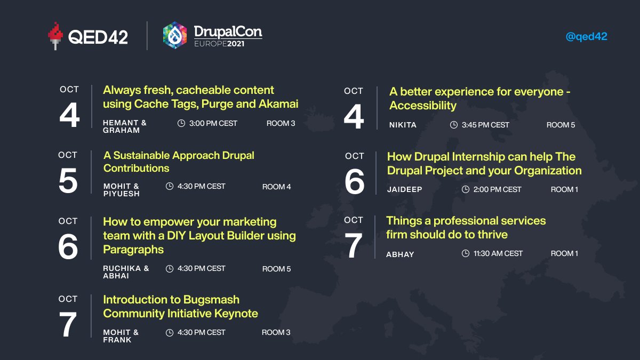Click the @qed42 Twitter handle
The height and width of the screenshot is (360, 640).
tap(586, 37)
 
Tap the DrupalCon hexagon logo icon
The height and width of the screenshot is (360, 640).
tap(175, 35)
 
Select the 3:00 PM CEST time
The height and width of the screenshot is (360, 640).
tap(213, 123)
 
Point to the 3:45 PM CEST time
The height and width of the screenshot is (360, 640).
tap(485, 125)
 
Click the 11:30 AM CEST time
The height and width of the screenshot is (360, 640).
tap(499, 253)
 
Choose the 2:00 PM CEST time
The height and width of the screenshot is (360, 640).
tap(497, 189)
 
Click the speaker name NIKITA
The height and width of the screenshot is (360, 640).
tap(403, 125)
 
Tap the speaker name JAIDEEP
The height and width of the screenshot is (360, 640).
tap(405, 189)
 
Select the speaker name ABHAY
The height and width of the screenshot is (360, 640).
tap(400, 254)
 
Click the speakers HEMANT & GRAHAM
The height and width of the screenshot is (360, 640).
tap(124, 126)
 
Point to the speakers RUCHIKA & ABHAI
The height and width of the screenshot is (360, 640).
tap(126, 272)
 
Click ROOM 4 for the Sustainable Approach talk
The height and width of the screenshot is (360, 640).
tap(276, 187)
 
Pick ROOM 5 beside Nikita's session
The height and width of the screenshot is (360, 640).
tap(561, 125)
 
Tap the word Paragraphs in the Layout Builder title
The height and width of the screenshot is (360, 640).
tap(133, 250)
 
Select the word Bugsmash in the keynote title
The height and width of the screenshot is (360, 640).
tap(211, 300)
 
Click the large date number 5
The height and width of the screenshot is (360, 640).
tap(68, 182)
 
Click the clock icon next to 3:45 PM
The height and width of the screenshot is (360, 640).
tap(454, 125)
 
